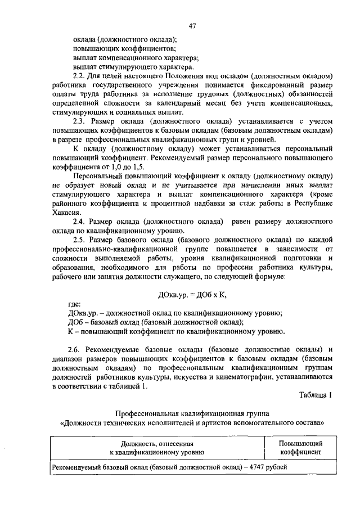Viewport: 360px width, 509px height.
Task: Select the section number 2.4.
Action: [80, 221]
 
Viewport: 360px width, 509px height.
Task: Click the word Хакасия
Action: [64, 211]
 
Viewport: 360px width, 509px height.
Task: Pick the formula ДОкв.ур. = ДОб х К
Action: [191, 294]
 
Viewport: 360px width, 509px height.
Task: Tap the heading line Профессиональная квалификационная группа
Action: [191, 412]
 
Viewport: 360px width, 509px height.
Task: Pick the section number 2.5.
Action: [80, 240]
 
